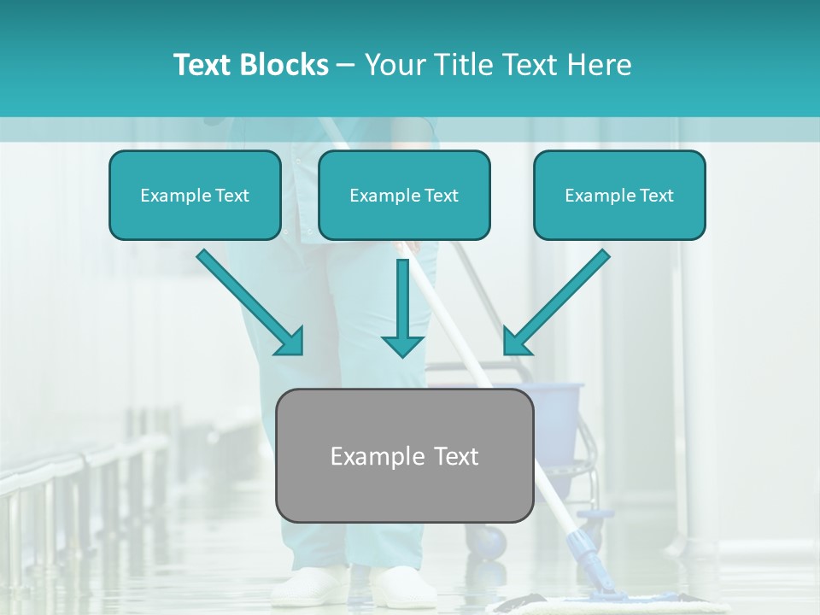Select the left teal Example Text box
195,196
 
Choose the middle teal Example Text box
404,196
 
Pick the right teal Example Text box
619,196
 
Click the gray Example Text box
404,456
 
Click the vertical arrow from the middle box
402,307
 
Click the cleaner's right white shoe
401,588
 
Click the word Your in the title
394,65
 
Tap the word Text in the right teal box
656,196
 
